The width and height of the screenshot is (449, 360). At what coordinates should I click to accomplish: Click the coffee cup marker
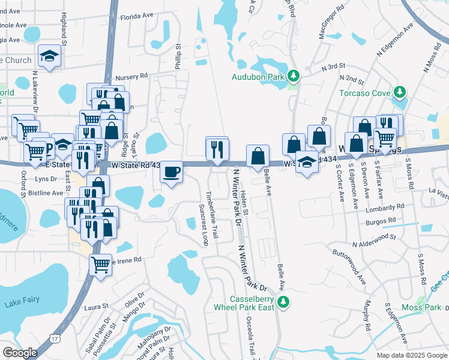[x=171, y=172]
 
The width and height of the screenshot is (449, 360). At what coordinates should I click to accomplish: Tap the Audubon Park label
[x=258, y=77]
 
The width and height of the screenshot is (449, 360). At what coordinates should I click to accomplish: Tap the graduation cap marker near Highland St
[x=49, y=56]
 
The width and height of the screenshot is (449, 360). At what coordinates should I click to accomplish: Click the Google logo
[x=20, y=353]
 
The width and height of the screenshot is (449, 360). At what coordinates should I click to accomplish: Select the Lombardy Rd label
[x=384, y=207]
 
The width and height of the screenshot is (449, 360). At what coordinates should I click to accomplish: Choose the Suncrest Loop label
[x=203, y=224]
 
